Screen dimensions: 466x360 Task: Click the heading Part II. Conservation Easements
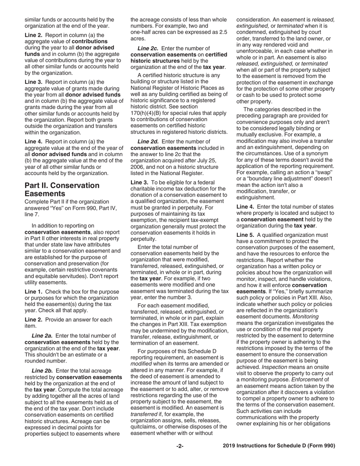point(62,189)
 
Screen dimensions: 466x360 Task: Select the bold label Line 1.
point(34,292)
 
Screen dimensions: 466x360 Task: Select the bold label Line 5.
point(245,235)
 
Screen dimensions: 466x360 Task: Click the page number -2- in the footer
point(180,446)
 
